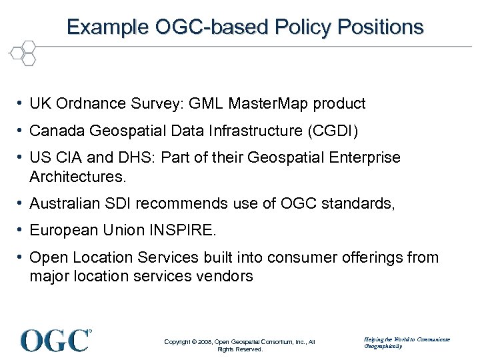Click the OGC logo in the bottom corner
[56, 340]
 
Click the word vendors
[228, 276]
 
